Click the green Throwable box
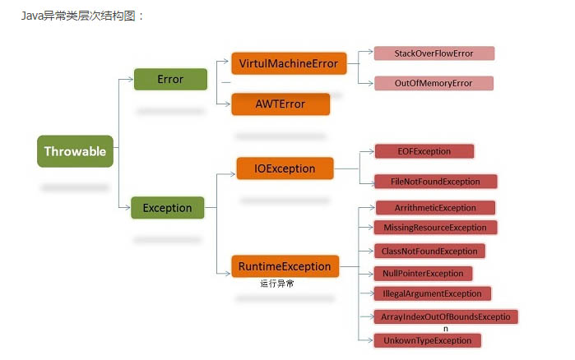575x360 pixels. point(75,151)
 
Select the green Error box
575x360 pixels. point(170,80)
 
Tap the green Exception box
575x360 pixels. point(167,208)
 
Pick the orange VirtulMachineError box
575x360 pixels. point(289,63)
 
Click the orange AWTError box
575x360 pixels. point(281,104)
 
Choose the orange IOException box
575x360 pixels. point(285,168)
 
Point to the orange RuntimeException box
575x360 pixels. point(285,266)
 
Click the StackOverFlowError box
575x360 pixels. point(434,53)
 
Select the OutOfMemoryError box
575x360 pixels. point(433,83)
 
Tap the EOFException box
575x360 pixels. point(424,151)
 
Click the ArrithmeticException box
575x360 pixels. point(435,208)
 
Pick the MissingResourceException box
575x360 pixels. point(434,228)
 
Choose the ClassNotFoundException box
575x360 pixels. point(429,251)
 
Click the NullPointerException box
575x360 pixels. point(423,273)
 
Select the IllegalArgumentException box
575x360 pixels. point(432,293)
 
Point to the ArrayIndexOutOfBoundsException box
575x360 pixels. point(445,316)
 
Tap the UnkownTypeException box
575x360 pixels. point(426,339)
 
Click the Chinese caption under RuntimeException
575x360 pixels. point(277,284)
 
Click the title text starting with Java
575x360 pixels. point(83,15)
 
